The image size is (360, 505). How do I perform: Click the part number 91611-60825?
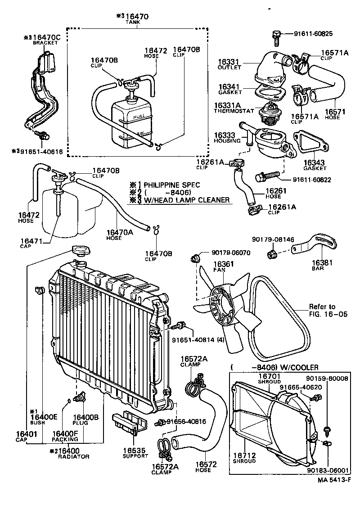(313, 34)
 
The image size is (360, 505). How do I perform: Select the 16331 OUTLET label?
(229, 63)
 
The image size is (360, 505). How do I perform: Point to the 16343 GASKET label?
(314, 164)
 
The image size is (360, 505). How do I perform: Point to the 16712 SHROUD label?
(244, 458)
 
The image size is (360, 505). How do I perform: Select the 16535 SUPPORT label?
(135, 452)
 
